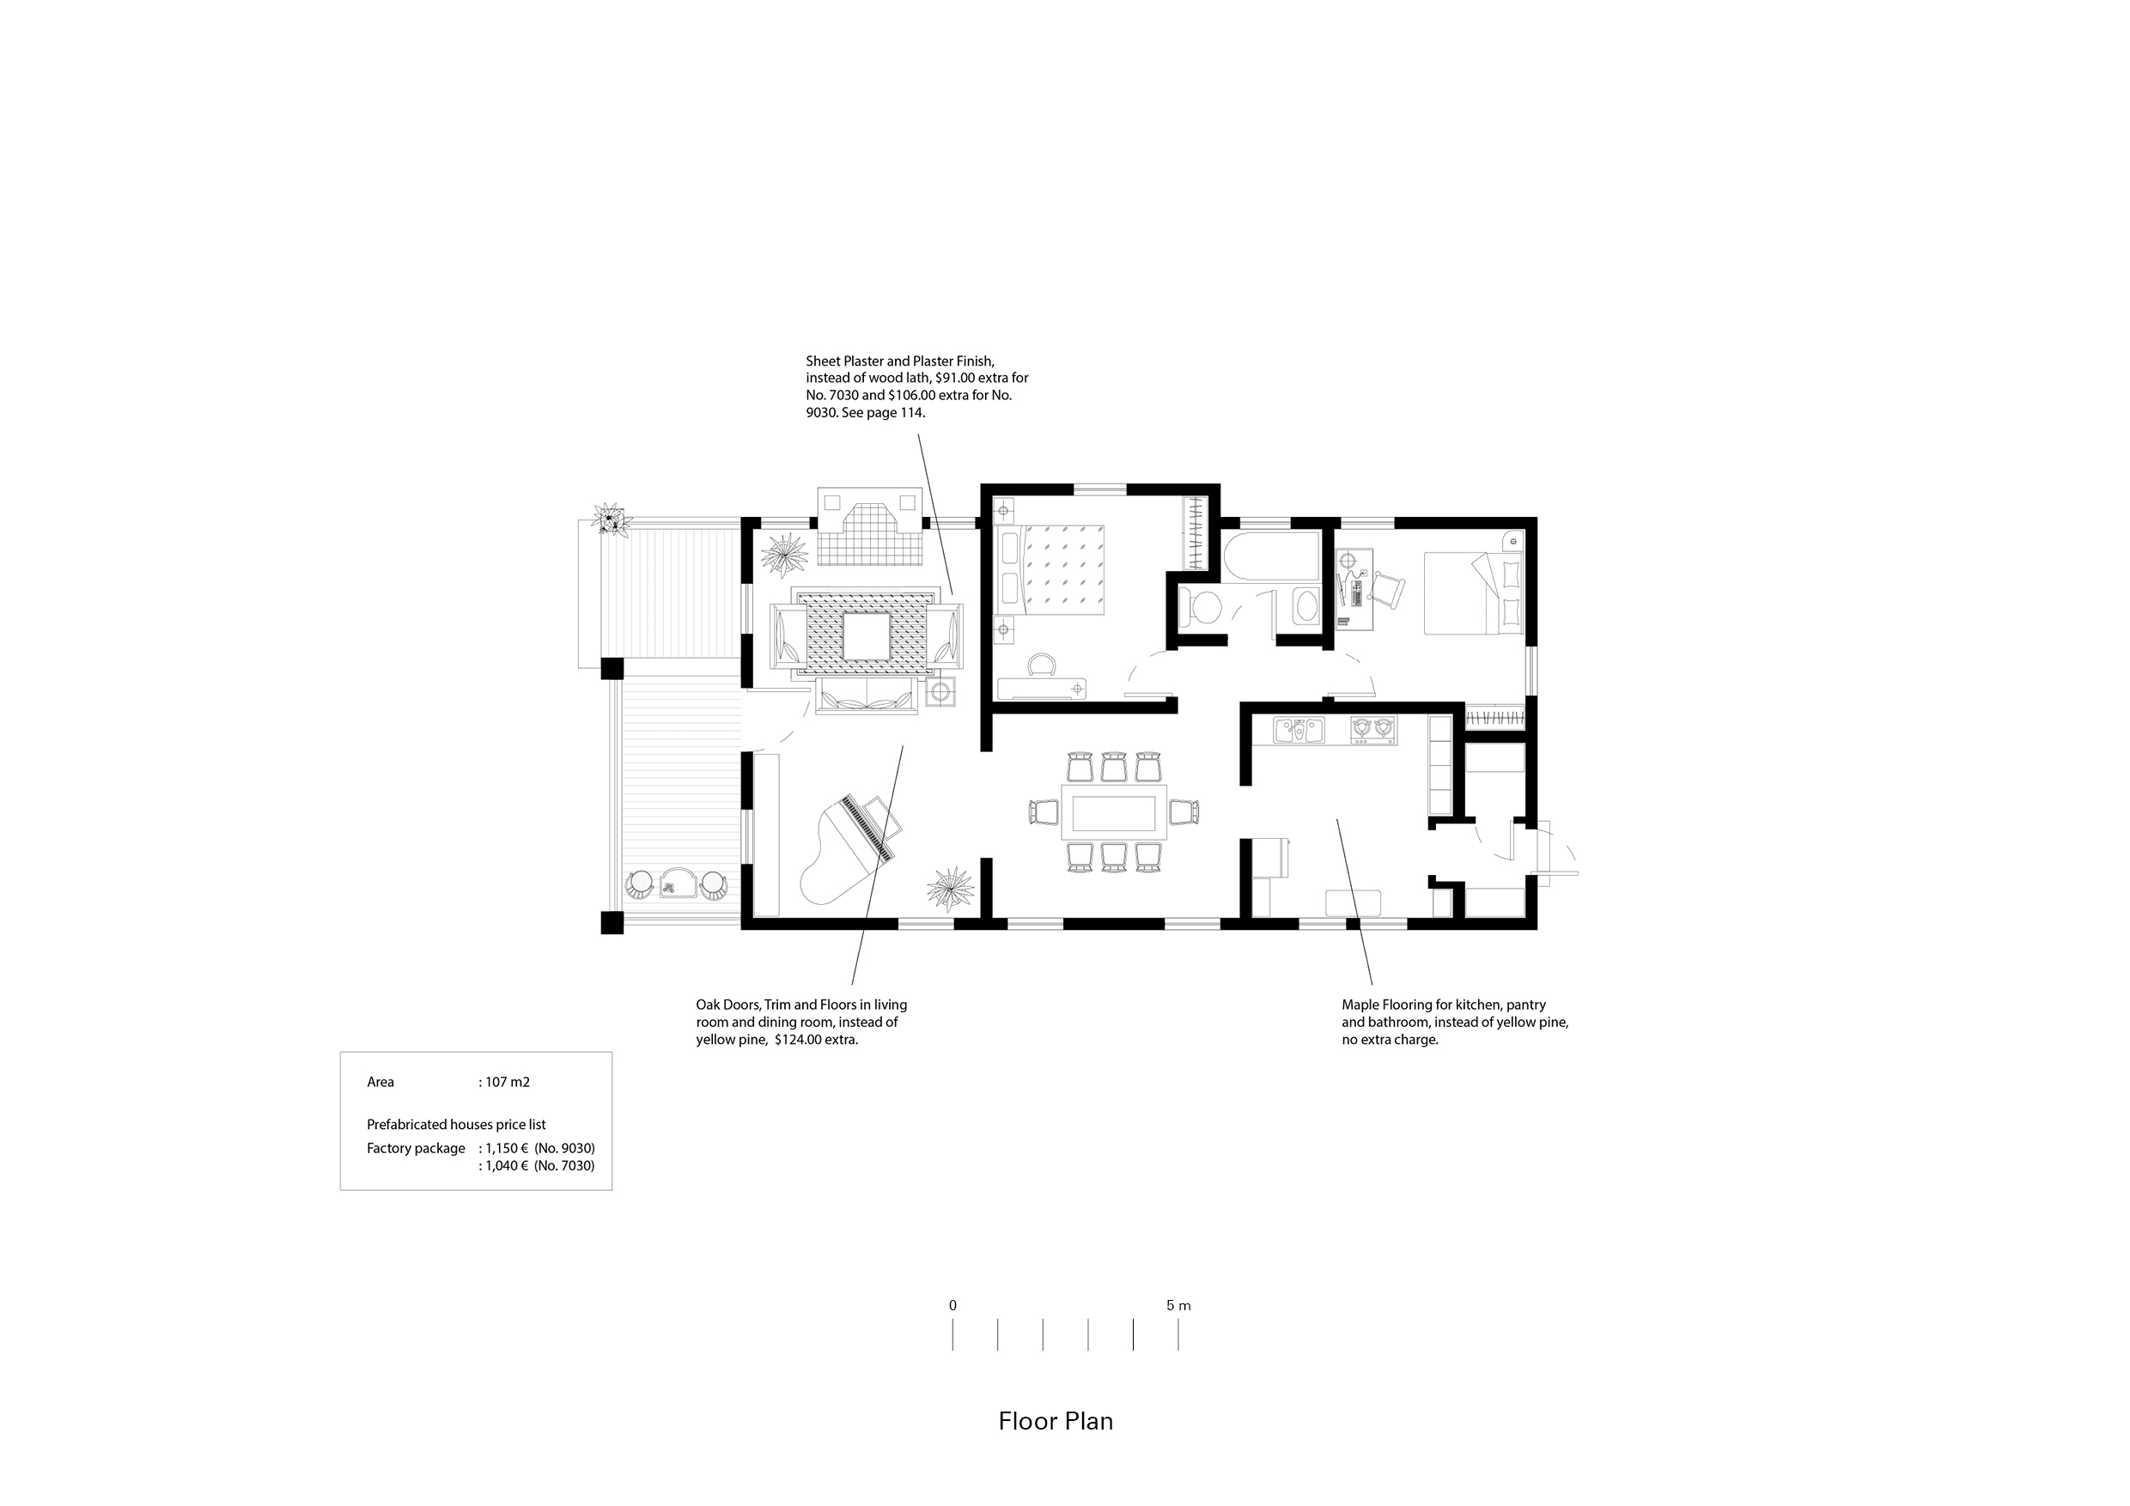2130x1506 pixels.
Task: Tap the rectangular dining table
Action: (1113, 811)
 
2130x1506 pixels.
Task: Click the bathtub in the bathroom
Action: (1271, 557)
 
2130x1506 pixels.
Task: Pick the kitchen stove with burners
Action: (1373, 731)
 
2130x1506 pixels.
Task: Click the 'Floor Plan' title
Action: (1056, 1422)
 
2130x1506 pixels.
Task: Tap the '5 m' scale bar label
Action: (1178, 1306)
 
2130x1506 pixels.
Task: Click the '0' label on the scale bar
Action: (952, 1306)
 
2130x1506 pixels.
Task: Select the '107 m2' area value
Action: (508, 1082)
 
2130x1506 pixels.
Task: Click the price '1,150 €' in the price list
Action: (507, 1148)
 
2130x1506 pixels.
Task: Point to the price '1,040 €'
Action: (507, 1166)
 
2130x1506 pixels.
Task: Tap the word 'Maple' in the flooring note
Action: (1360, 1005)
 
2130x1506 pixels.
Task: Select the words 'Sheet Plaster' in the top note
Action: (843, 361)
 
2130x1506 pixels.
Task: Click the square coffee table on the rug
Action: (867, 636)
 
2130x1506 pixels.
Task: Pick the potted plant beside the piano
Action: (950, 889)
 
